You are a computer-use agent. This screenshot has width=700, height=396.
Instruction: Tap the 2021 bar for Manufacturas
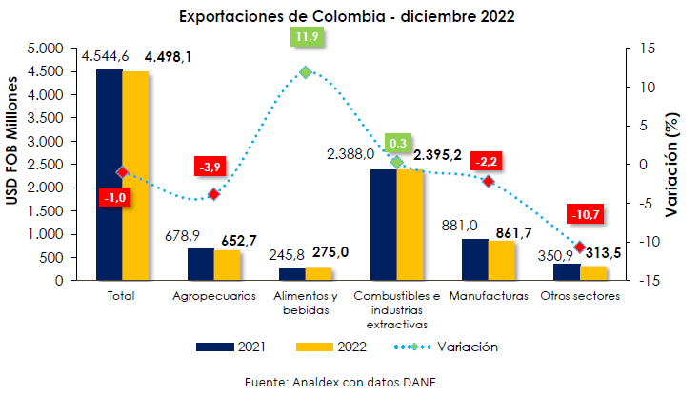[474, 259]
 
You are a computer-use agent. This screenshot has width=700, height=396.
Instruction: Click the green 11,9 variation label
[307, 38]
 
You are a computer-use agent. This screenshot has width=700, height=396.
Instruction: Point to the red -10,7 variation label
[583, 215]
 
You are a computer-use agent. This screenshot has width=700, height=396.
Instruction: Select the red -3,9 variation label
[210, 167]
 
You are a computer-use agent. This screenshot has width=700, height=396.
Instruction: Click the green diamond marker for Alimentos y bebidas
[306, 72]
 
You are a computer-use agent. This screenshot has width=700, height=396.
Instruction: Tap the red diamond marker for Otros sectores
[579, 247]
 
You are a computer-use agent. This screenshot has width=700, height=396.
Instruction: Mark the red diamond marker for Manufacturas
[488, 181]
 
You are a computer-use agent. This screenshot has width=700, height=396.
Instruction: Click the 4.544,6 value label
[106, 57]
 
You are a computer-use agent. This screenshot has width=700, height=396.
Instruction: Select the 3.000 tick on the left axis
[45, 141]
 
